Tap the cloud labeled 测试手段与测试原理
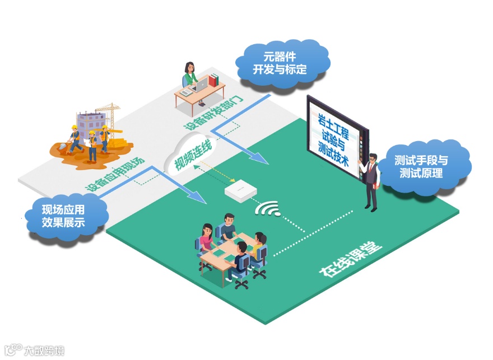[425, 166]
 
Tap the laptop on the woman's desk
[199, 86]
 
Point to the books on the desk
[213, 80]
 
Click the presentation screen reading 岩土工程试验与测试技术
[334, 137]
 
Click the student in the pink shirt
[206, 238]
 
